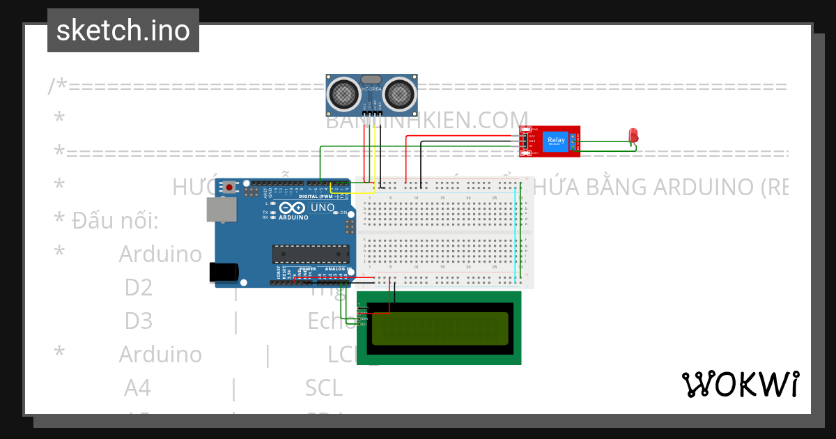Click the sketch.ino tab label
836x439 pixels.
pyautogui.click(x=123, y=31)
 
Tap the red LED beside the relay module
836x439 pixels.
pyautogui.click(x=633, y=134)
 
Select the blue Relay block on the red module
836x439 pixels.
pyautogui.click(x=556, y=141)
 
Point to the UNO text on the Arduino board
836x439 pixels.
pyautogui.click(x=322, y=208)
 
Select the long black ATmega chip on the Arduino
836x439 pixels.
pyautogui.click(x=310, y=255)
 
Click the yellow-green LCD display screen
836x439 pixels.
pyautogui.click(x=439, y=329)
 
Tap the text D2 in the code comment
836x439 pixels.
pyautogui.click(x=139, y=287)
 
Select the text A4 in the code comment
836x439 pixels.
pyautogui.click(x=138, y=387)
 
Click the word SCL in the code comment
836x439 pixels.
pyautogui.click(x=323, y=387)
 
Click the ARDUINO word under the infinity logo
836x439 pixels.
pyautogui.click(x=293, y=217)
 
